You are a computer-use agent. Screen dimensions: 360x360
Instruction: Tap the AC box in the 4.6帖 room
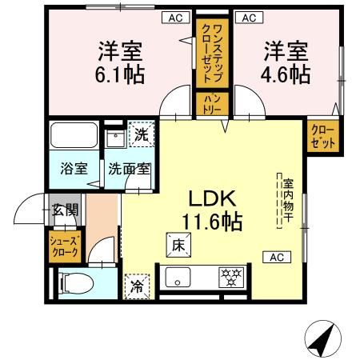coord(249,17)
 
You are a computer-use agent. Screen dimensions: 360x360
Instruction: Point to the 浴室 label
coord(74,169)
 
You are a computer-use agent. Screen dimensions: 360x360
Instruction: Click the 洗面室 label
coord(129,169)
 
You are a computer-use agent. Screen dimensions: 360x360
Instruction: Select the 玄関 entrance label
coord(66,211)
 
